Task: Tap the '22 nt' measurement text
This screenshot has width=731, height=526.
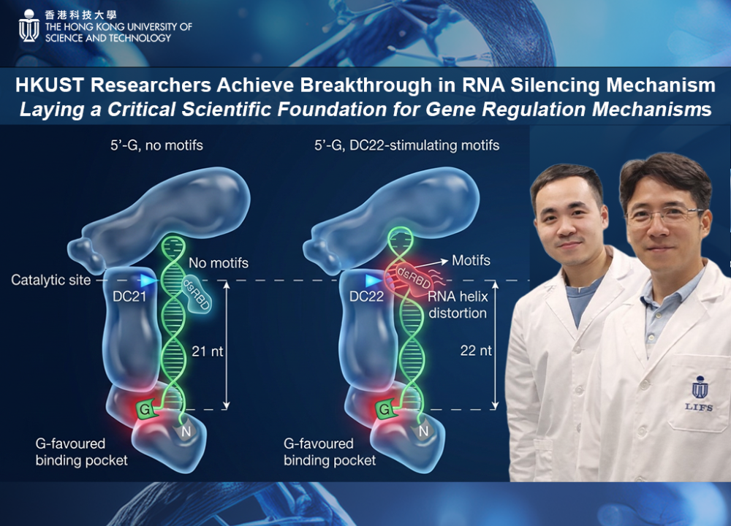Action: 475,351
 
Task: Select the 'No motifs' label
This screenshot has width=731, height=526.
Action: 219,263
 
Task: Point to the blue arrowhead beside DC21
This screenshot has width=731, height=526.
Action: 148,280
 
